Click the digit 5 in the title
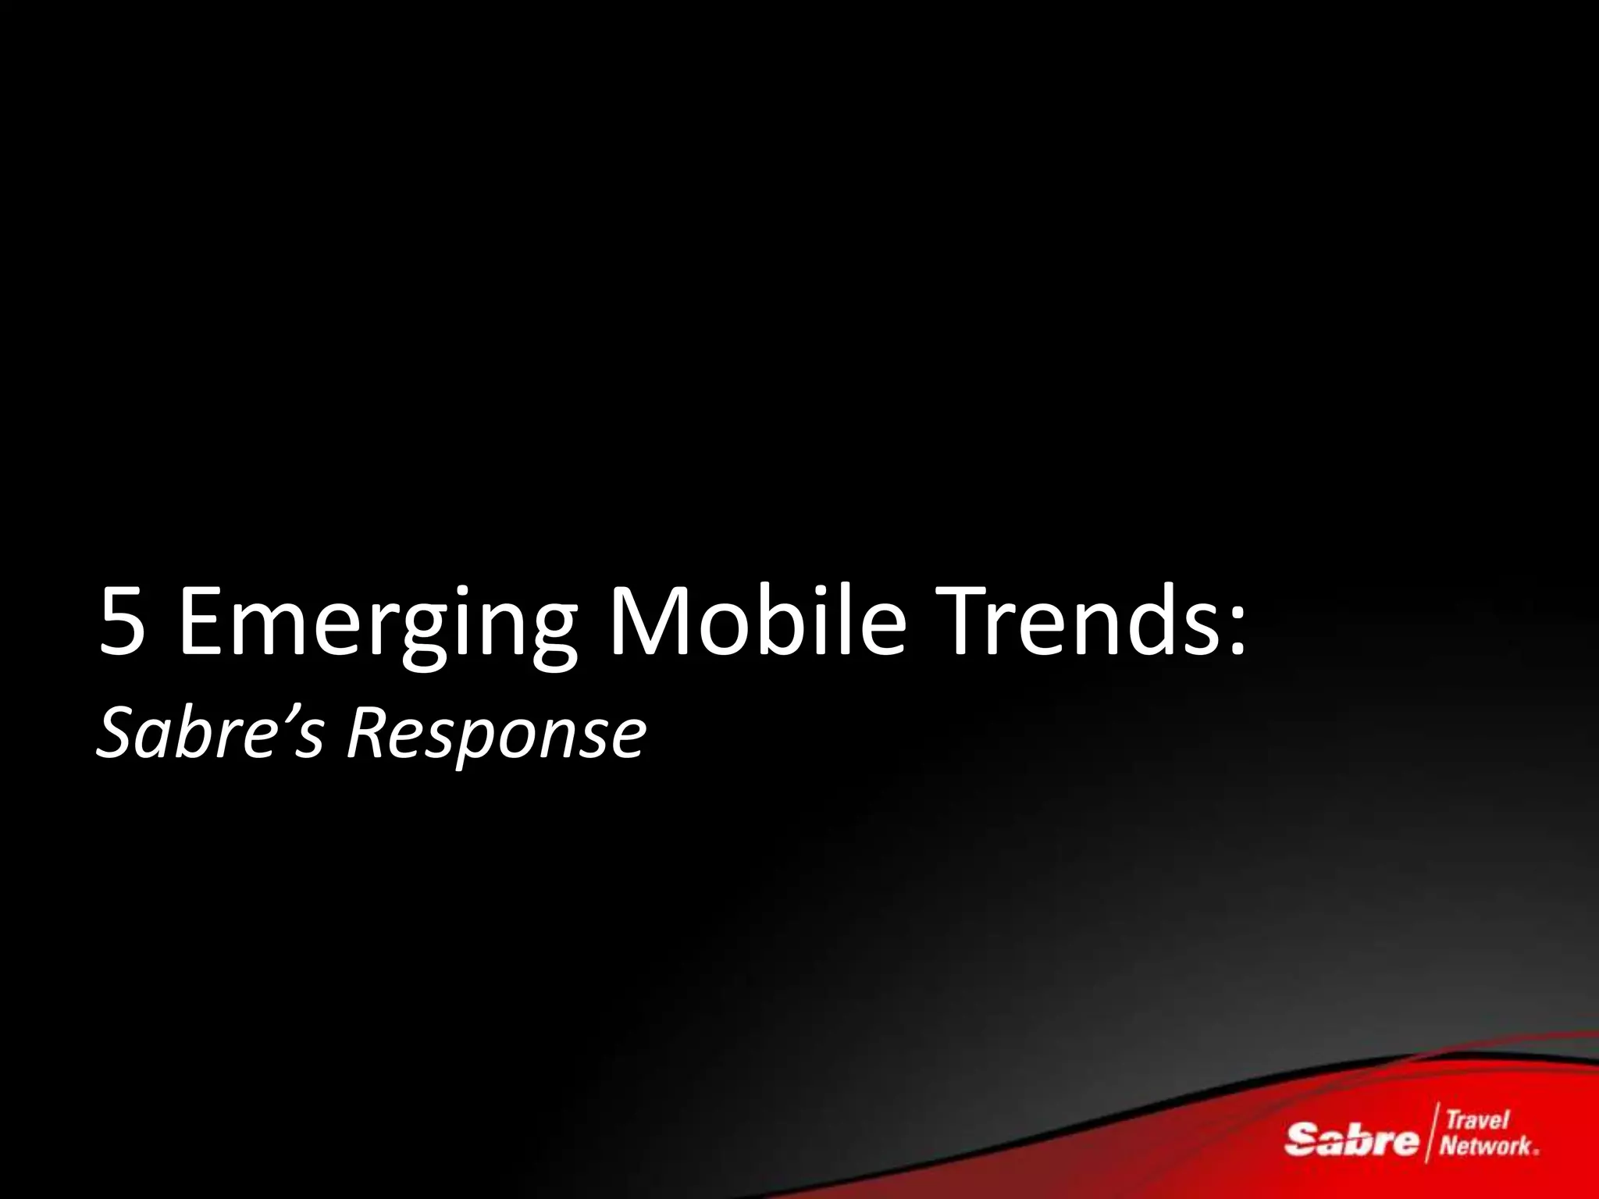click(x=123, y=622)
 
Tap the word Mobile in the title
click(x=757, y=622)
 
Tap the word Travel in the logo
click(x=1478, y=1120)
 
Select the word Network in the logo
click(x=1486, y=1146)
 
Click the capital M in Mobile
click(x=653, y=622)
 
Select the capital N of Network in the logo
click(x=1449, y=1146)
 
